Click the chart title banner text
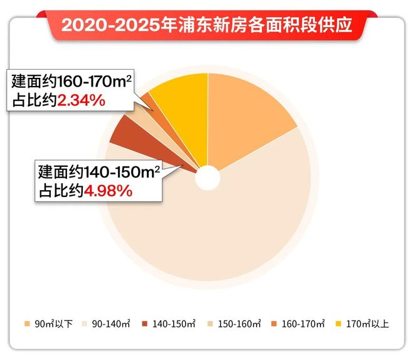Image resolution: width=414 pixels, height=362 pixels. coord(207,27)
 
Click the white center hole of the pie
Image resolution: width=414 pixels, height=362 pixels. coord(208,178)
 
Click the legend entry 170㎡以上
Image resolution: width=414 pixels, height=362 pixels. coord(372,325)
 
